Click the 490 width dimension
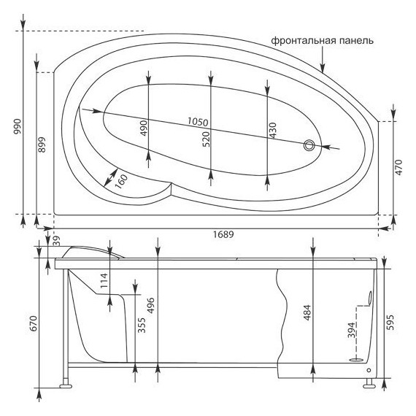point(144,128)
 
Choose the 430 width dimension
point(272,131)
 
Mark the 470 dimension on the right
point(398,167)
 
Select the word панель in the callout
point(358,41)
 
